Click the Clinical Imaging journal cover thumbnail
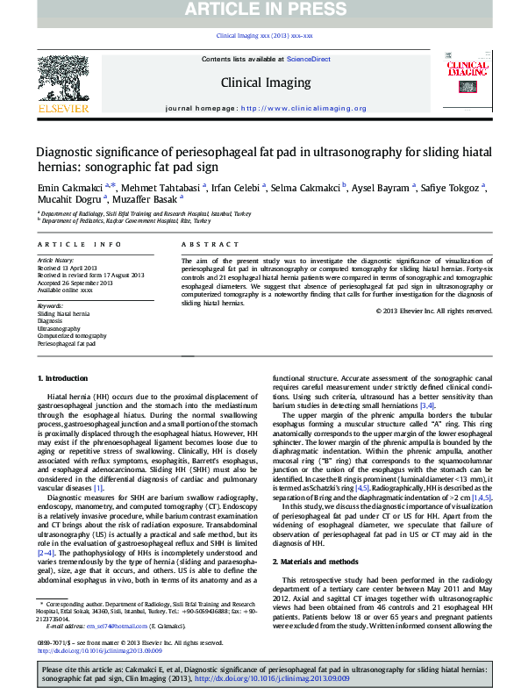tap(467, 82)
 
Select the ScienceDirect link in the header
tap(308, 58)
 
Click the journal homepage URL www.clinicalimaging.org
tap(303, 109)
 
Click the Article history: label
tap(55, 261)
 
